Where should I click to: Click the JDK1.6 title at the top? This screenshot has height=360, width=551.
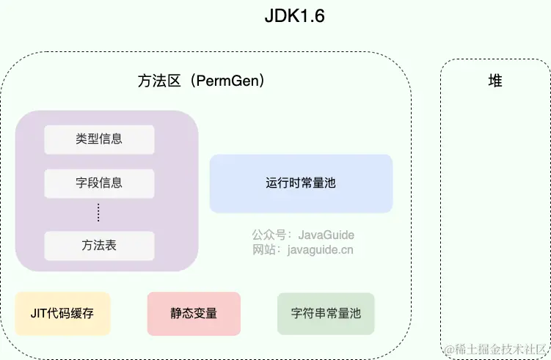[x=294, y=17]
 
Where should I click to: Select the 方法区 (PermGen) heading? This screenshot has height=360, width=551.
[x=200, y=81]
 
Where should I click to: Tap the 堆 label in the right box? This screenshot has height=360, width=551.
[x=495, y=81]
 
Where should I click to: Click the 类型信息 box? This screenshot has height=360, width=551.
[x=99, y=139]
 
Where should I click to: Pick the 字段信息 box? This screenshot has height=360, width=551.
[x=99, y=183]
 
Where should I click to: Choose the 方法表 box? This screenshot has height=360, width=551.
[x=99, y=246]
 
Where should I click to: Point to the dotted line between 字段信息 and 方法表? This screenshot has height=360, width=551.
[x=99, y=213]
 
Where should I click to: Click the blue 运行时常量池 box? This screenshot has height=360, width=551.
[x=301, y=183]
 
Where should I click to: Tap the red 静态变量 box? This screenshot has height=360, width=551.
[x=194, y=313]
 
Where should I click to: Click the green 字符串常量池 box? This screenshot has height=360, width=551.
[x=326, y=313]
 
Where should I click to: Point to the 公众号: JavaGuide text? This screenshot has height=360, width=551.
[x=303, y=235]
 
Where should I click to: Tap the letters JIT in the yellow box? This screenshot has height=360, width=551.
[x=39, y=313]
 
